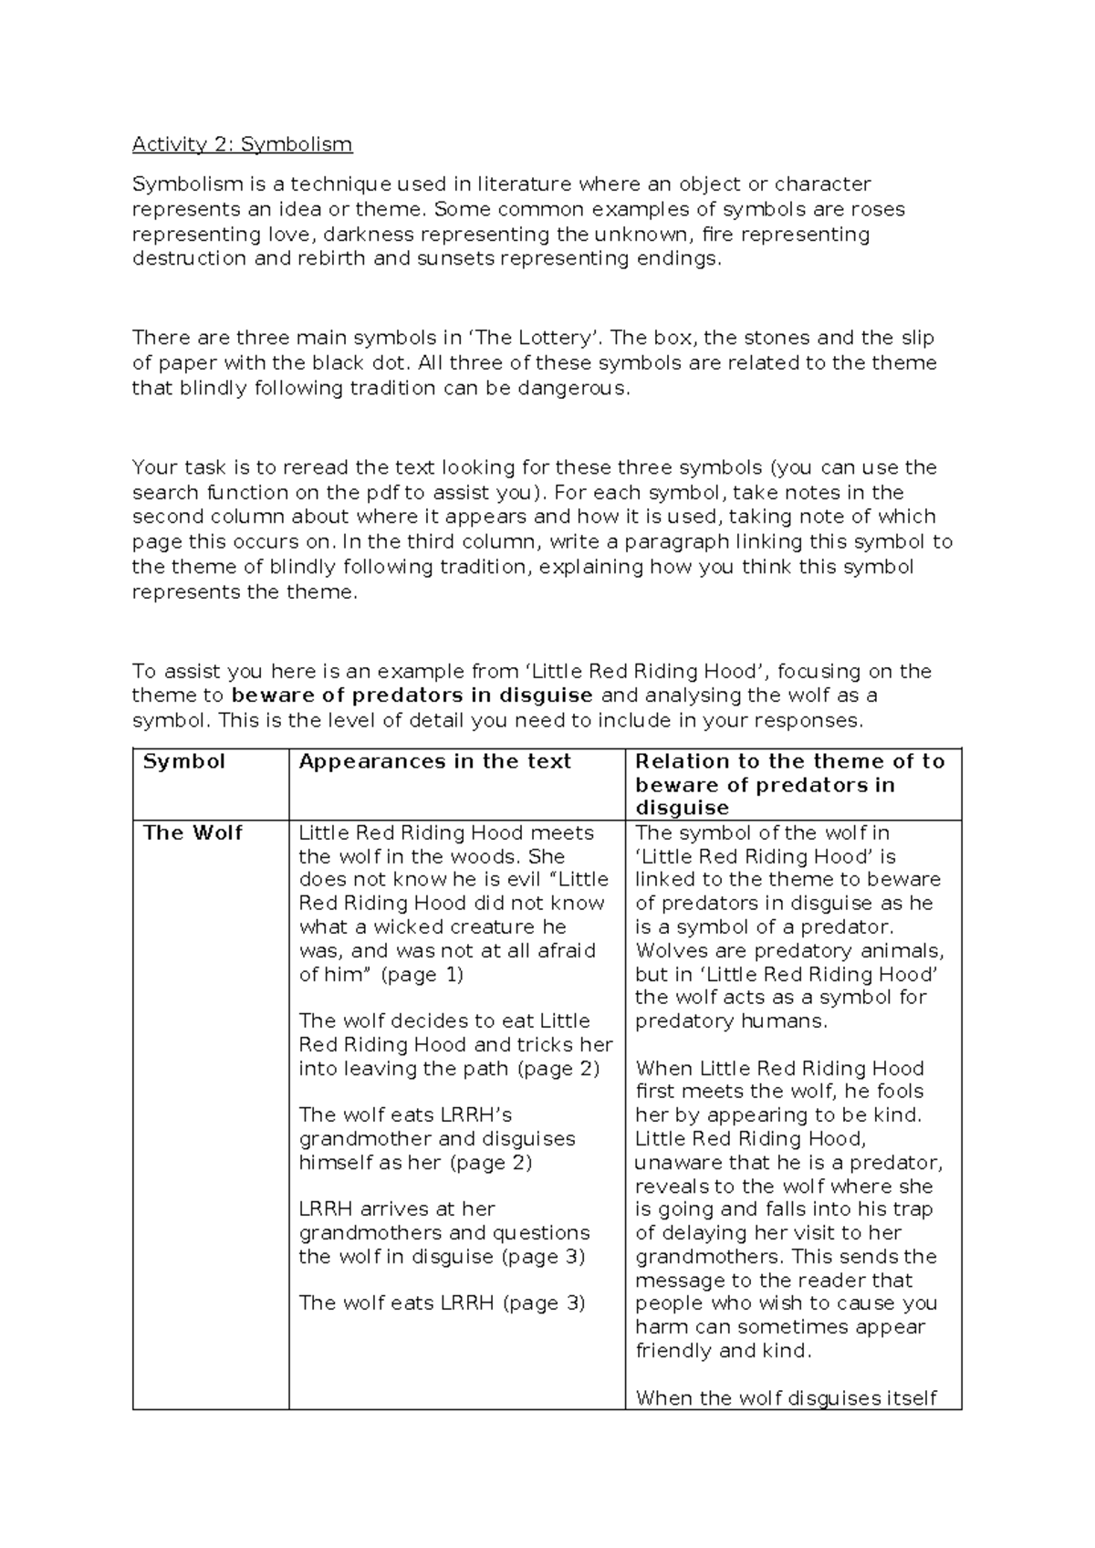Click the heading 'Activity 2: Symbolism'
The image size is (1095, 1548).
click(x=242, y=144)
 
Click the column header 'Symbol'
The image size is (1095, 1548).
click(x=183, y=761)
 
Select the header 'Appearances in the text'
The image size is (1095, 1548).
click(x=434, y=761)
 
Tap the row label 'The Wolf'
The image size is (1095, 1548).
click(x=193, y=832)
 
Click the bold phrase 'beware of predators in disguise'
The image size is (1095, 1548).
click(x=412, y=696)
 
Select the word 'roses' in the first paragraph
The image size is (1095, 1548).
click(x=877, y=209)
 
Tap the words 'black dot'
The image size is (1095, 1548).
click(x=364, y=363)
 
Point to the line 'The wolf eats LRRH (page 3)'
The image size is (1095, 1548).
click(x=442, y=1302)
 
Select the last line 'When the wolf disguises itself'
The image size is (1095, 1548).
click(x=786, y=1397)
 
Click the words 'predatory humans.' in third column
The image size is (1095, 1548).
click(x=731, y=1020)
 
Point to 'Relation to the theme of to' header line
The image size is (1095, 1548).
click(x=789, y=761)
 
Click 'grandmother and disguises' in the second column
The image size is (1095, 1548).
click(x=437, y=1138)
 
